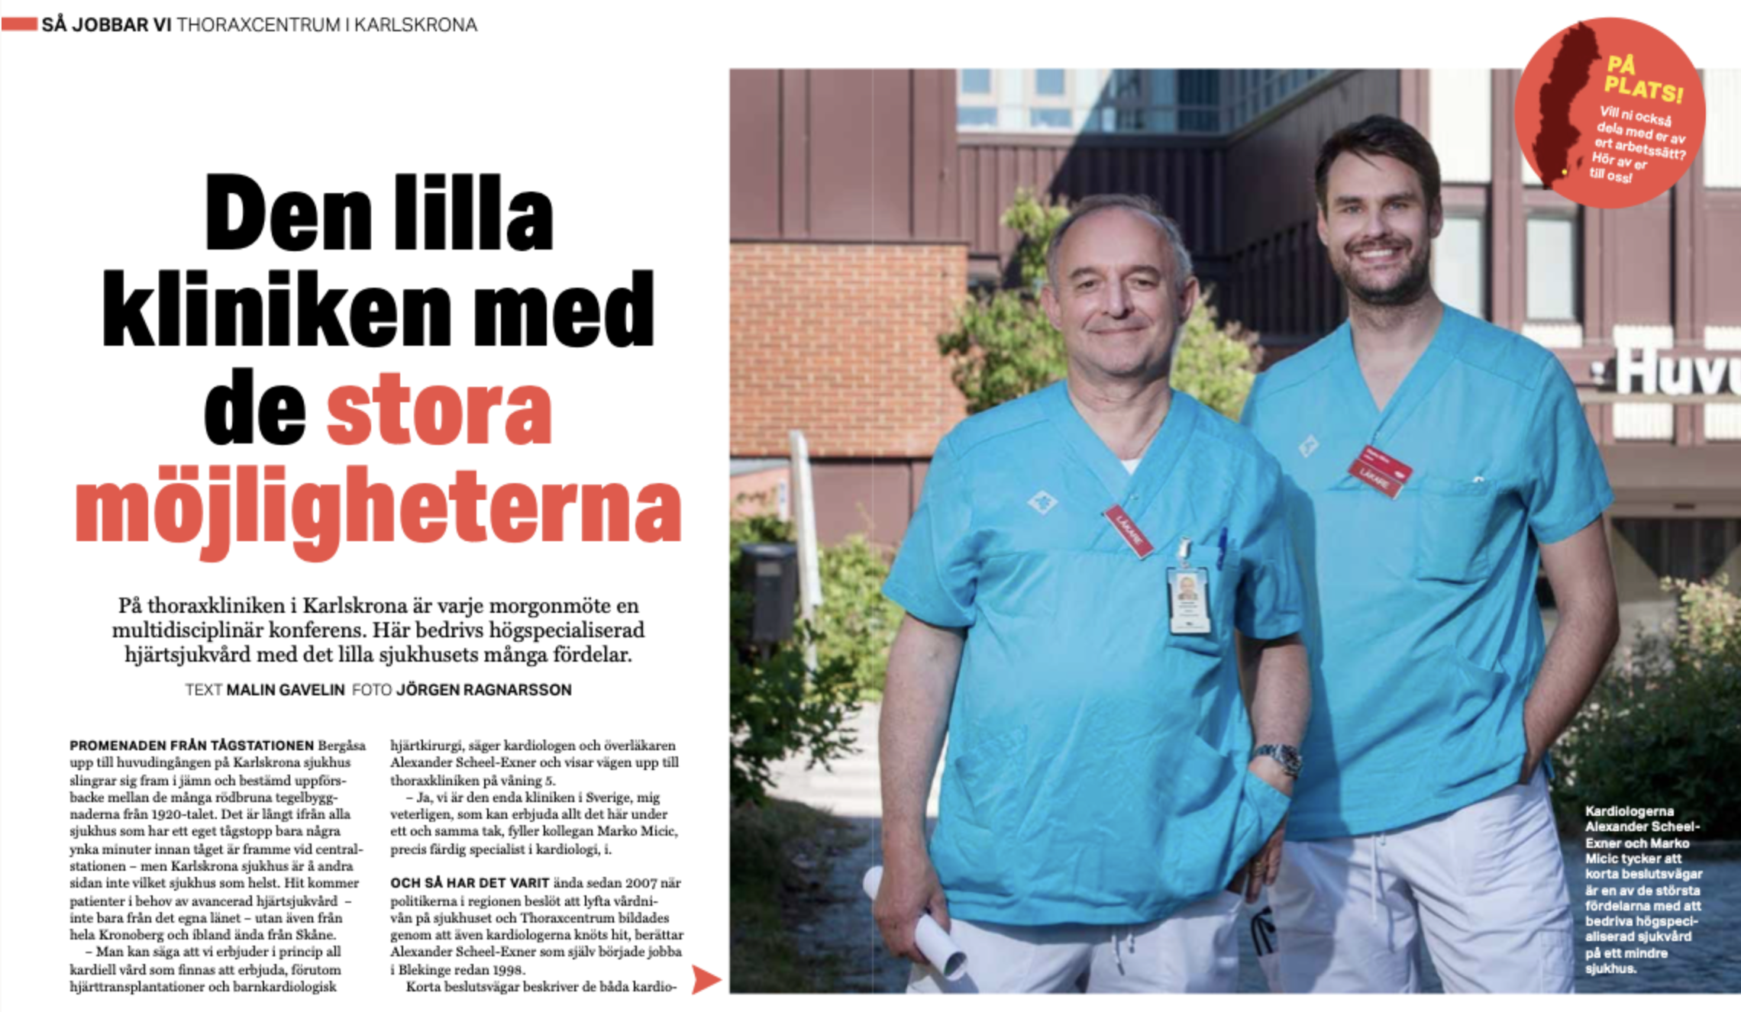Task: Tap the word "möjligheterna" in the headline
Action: pyautogui.click(x=378, y=508)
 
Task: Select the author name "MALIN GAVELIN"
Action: pyautogui.click(x=286, y=690)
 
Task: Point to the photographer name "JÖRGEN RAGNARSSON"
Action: pyautogui.click(x=483, y=690)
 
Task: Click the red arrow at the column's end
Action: pyautogui.click(x=706, y=979)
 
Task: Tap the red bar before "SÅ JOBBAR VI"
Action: pyautogui.click(x=20, y=24)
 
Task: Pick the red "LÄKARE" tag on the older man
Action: pyautogui.click(x=1127, y=531)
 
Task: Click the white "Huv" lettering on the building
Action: pyautogui.click(x=1676, y=372)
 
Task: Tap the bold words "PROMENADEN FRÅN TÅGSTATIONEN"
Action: pyautogui.click(x=192, y=745)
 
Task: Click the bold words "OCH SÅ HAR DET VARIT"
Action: pyautogui.click(x=470, y=883)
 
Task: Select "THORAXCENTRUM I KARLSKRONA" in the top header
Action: pyautogui.click(x=327, y=25)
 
